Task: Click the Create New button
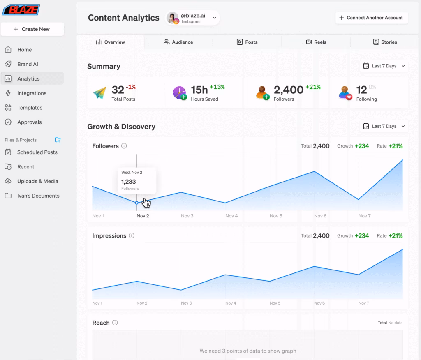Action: [32, 29]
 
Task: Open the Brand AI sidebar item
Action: [27, 64]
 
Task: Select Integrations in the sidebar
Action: [31, 93]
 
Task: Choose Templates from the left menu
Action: [29, 108]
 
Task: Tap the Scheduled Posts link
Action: [37, 152]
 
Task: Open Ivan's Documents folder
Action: [38, 196]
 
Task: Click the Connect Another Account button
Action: [372, 18]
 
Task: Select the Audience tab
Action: [178, 42]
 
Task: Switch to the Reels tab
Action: [316, 42]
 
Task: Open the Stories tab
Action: [385, 42]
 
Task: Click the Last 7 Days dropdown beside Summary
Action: [384, 66]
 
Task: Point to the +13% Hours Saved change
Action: [217, 87]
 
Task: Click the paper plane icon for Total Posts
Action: [99, 92]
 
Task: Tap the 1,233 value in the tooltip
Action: [128, 181]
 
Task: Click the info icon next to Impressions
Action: [132, 236]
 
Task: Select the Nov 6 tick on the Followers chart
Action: [320, 216]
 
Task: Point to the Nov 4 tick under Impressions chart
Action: [231, 303]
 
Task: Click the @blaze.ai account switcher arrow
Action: [214, 18]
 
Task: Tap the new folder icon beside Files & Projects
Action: [58, 140]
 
